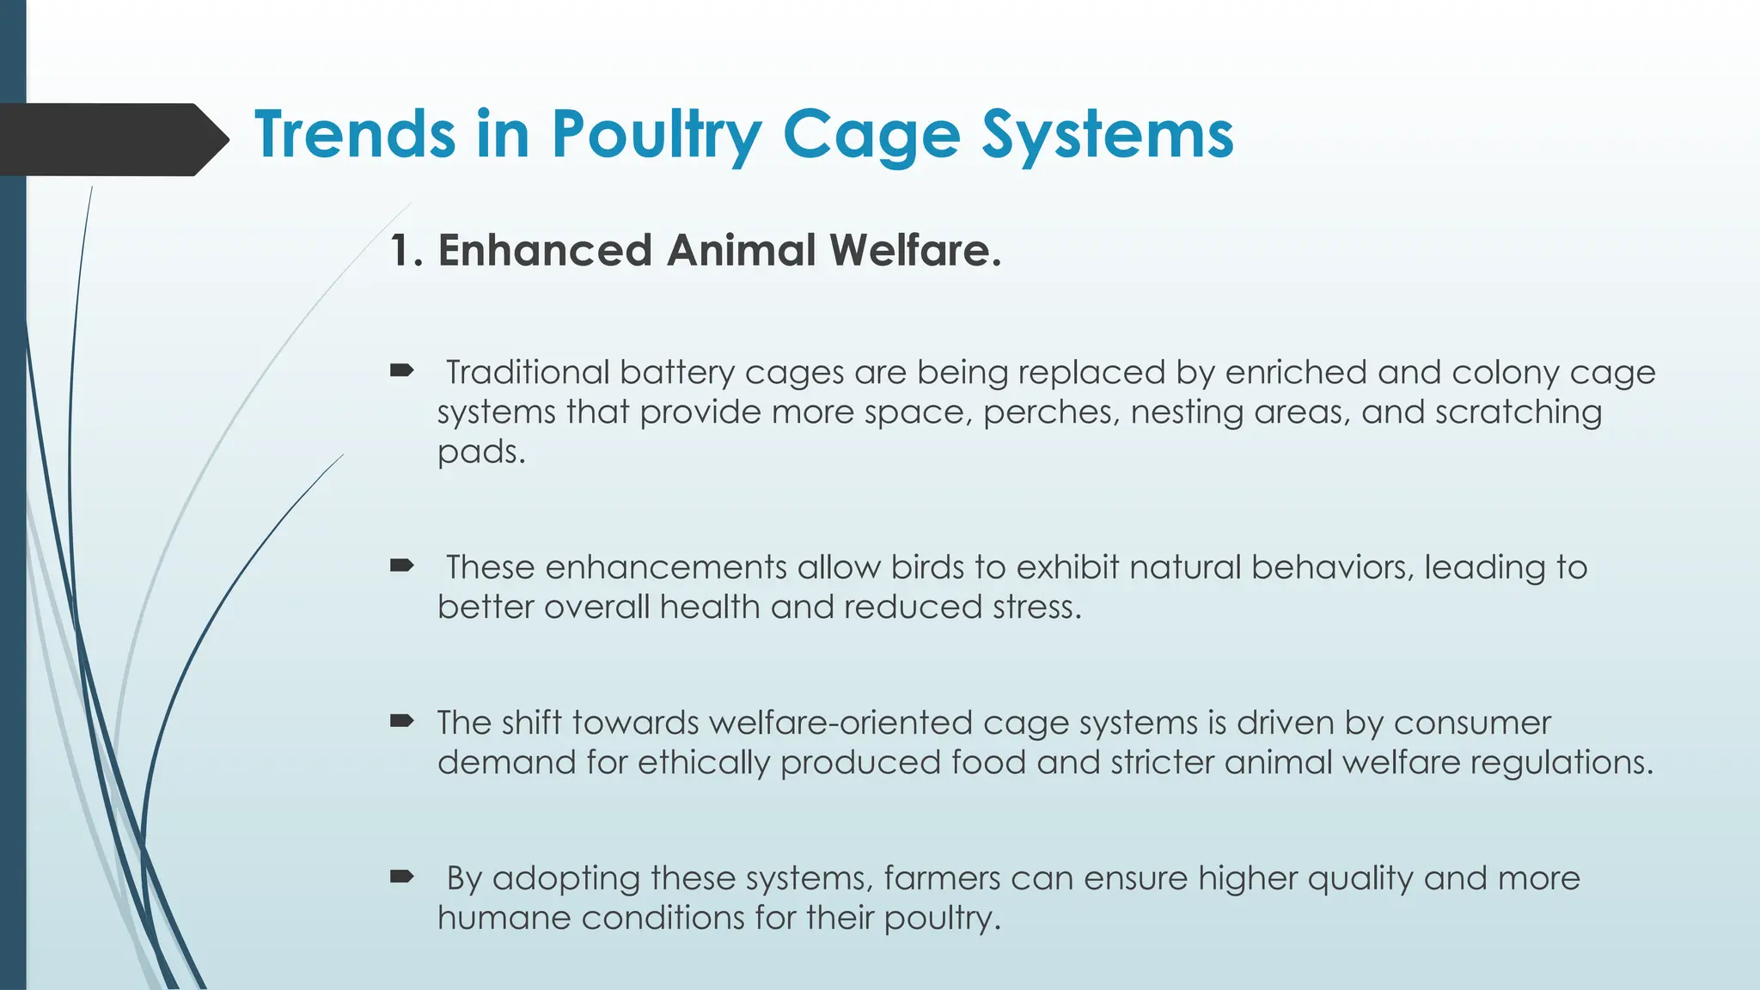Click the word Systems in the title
[1108, 136]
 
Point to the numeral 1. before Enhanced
[406, 251]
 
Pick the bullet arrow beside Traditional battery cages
[401, 371]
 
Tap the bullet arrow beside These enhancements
[401, 565]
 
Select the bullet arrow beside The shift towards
[401, 721]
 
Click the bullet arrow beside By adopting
[401, 877]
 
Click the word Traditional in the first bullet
[527, 373]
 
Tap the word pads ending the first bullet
[480, 452]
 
